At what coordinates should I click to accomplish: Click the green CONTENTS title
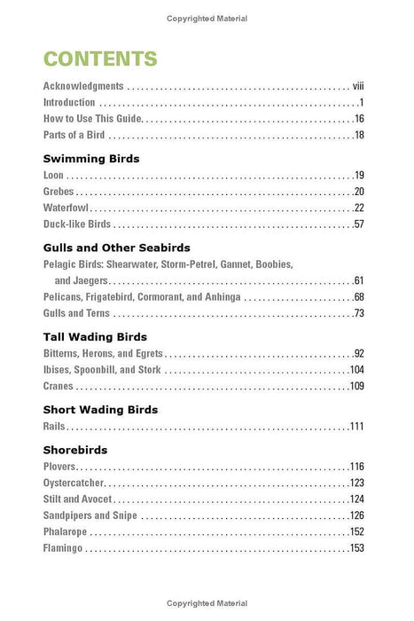[x=99, y=59]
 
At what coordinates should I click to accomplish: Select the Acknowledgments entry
[x=82, y=87]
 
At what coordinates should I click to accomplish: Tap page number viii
[x=358, y=87]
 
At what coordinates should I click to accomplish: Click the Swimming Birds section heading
[x=91, y=158]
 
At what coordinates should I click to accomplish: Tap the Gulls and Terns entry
[x=75, y=313]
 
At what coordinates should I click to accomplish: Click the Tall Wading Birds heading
[x=95, y=337]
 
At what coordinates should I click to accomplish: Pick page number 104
[x=357, y=370]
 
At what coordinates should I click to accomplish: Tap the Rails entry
[x=54, y=427]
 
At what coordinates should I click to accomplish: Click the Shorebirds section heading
[x=76, y=450]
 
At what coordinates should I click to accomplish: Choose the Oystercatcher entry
[x=74, y=483]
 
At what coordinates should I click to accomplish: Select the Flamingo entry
[x=63, y=548]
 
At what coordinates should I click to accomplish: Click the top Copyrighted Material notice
[x=207, y=18]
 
